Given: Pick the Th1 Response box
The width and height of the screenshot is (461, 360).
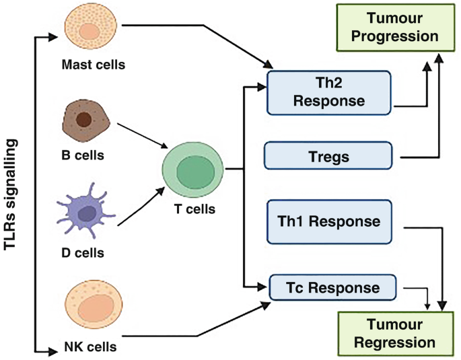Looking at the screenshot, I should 329,221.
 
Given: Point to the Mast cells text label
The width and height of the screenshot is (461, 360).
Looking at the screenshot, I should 93,65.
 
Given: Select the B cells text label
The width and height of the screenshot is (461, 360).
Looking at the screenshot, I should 83,156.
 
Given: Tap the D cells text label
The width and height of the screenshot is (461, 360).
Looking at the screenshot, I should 83,253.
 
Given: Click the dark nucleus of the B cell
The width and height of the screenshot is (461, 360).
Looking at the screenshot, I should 84,120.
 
